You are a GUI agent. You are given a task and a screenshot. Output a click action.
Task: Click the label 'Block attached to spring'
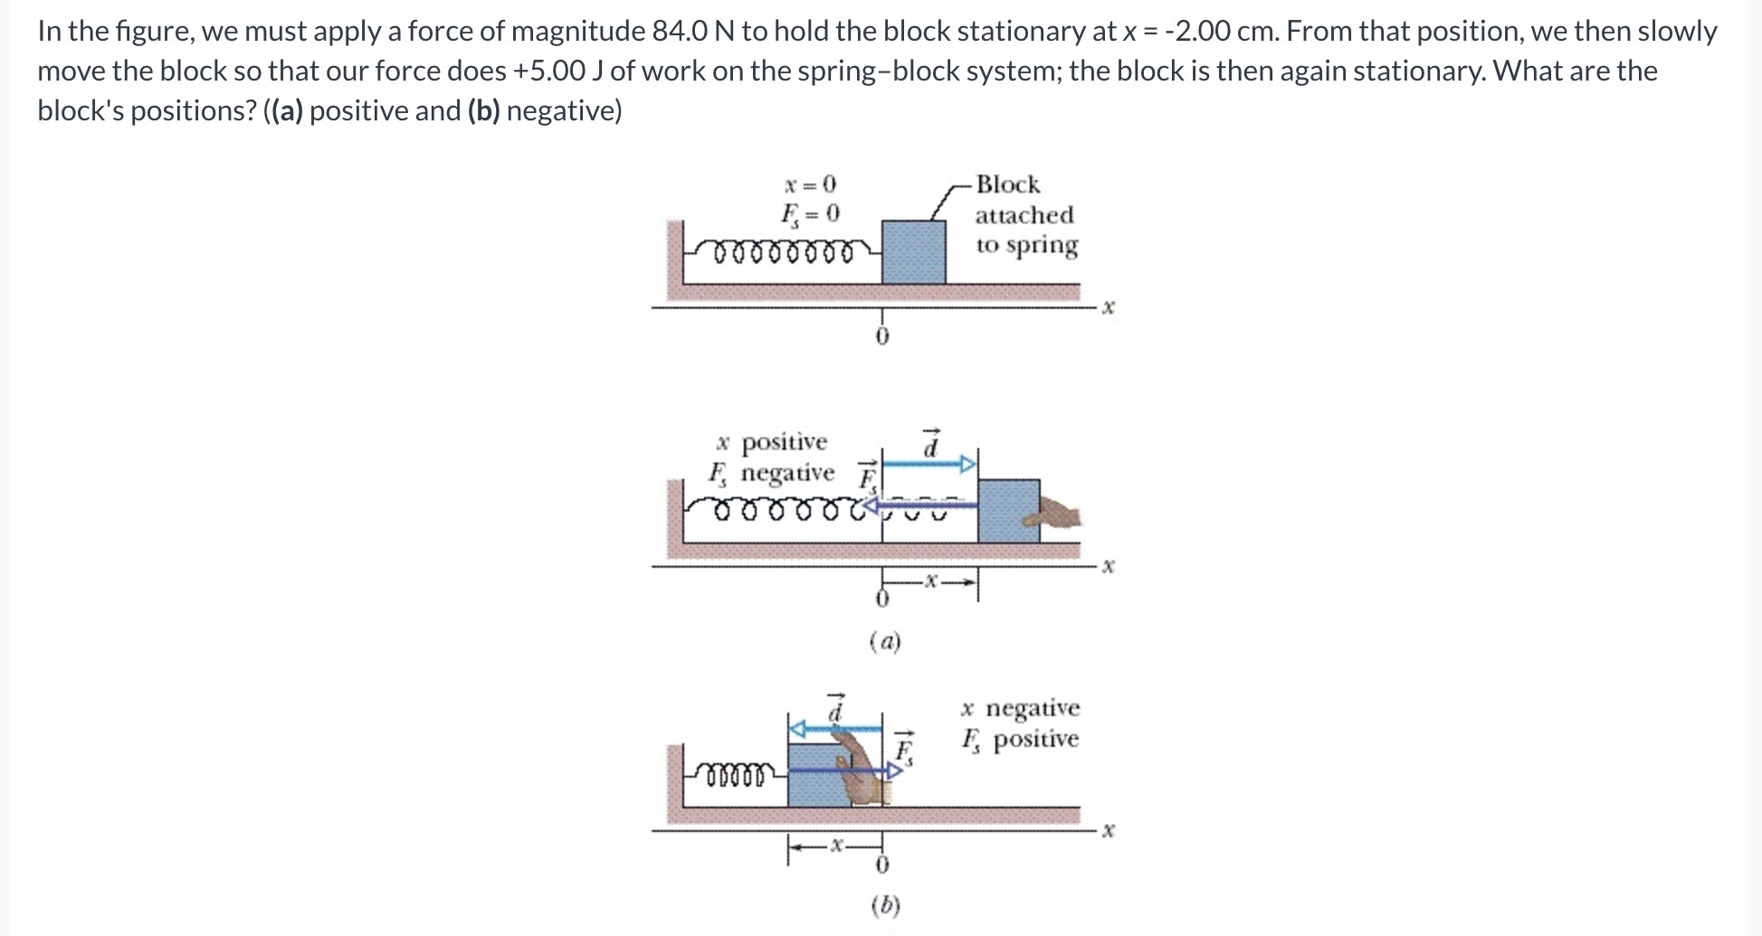(x=1024, y=215)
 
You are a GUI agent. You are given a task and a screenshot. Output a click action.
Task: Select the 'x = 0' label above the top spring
(x=810, y=185)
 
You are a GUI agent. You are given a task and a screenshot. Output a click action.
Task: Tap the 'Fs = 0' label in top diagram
(x=810, y=215)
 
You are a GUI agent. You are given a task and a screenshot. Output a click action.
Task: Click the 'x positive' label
(x=771, y=443)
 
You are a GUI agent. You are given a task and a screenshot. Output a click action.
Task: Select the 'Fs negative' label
(x=771, y=473)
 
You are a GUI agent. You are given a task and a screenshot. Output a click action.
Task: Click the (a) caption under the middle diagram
(x=885, y=643)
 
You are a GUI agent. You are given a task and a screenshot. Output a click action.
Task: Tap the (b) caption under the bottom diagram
(x=885, y=905)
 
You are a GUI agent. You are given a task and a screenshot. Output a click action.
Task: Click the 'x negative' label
(x=1020, y=708)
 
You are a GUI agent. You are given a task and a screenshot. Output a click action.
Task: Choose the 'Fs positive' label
(x=1020, y=740)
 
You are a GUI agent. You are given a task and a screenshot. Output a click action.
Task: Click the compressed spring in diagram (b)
(x=738, y=774)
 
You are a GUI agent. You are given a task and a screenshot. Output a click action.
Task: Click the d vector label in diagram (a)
(x=930, y=444)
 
